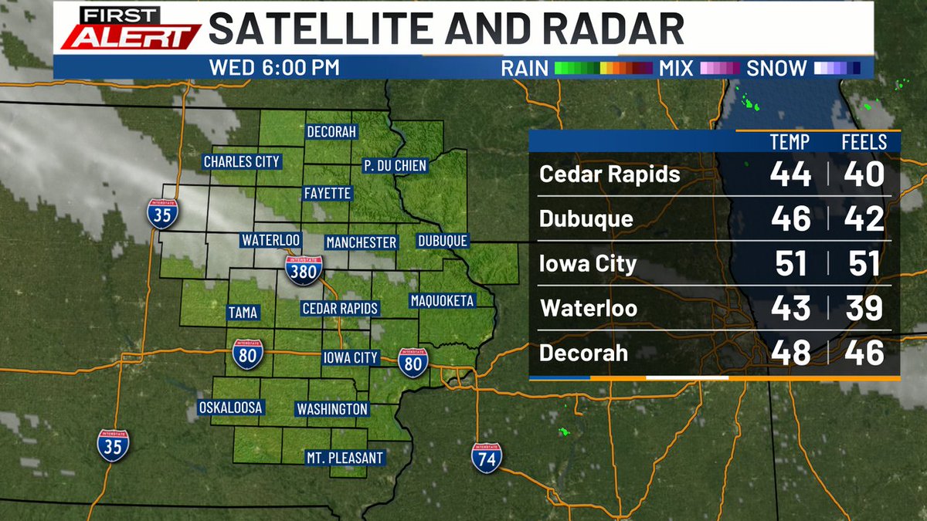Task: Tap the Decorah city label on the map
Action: (x=331, y=132)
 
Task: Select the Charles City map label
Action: (x=241, y=161)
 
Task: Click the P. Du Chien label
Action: (x=395, y=165)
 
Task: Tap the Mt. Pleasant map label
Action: (x=345, y=458)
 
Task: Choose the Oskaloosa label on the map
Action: (x=231, y=408)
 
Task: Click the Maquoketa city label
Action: (x=442, y=300)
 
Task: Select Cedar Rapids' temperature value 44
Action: (x=790, y=174)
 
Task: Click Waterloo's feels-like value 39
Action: (x=863, y=309)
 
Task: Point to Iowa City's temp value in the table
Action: (x=790, y=264)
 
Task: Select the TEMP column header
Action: (x=789, y=143)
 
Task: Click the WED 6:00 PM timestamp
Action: (x=274, y=68)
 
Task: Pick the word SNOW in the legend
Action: (x=776, y=68)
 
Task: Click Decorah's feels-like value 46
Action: (x=863, y=354)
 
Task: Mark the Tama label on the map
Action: (x=243, y=313)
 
